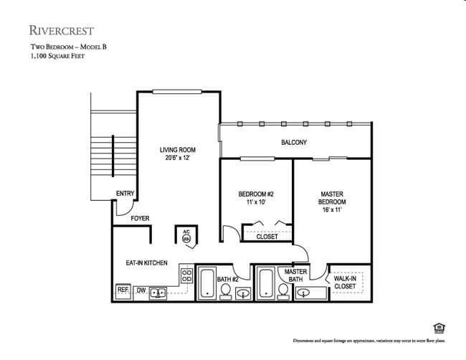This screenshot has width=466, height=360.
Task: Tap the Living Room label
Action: pos(177,154)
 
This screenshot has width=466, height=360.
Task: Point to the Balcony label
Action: pos(294,142)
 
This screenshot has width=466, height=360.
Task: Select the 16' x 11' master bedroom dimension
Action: pos(332,210)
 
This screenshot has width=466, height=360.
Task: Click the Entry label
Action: pos(125,194)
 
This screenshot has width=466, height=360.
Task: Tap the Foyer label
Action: pos(140,217)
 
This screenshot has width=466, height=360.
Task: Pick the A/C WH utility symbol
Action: pos(186,237)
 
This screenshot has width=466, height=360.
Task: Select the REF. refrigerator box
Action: pos(123,291)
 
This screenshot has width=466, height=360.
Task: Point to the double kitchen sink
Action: pos(158,292)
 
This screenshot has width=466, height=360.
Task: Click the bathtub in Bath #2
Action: pos(207,283)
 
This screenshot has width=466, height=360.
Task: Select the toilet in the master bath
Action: pos(283,290)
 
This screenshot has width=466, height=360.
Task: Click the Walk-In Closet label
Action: pos(345,282)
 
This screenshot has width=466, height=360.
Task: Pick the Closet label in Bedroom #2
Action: pos(267,237)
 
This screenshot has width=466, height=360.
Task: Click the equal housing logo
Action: pos(439,328)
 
